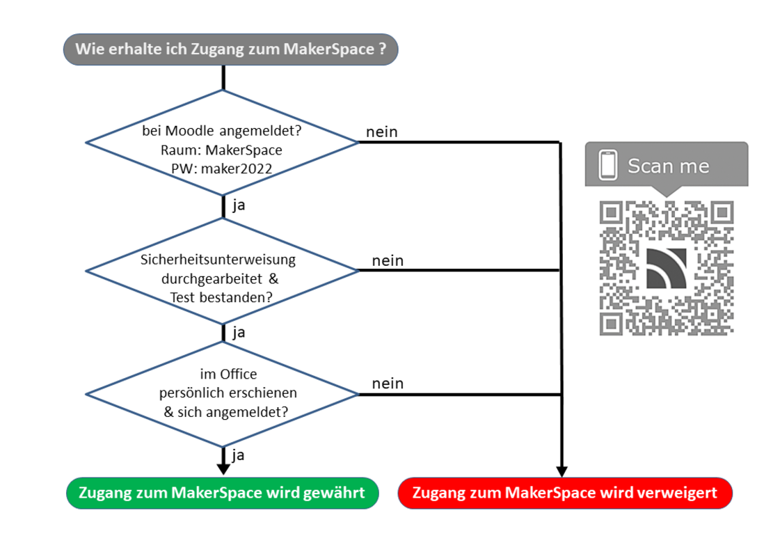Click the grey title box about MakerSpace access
(230, 49)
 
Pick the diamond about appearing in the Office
(221, 394)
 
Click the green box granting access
(221, 493)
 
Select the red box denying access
(564, 493)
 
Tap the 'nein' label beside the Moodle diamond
(382, 132)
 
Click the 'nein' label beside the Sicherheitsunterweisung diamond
(388, 260)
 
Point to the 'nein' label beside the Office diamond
(388, 384)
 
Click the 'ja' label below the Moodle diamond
(239, 205)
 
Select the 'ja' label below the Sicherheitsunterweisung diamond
(239, 332)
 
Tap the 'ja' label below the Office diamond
(239, 455)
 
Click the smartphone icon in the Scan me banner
(608, 165)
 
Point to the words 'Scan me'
(668, 166)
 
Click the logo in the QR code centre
(667, 268)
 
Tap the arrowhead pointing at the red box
(561, 471)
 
